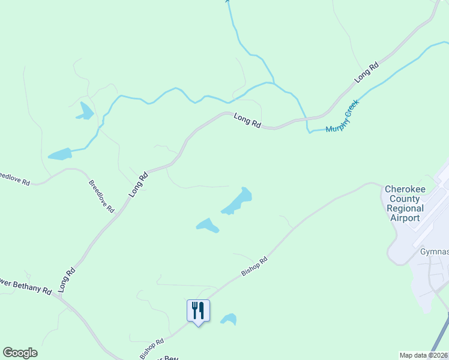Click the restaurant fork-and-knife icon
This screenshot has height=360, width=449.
point(198,311)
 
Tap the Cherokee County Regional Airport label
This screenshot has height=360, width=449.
point(405,203)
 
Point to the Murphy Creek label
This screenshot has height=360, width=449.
point(342,116)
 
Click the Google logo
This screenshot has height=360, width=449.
point(20,353)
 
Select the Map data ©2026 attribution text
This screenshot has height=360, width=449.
point(423,355)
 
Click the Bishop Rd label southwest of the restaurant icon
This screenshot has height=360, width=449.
point(152,349)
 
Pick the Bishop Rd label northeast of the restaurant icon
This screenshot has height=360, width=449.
point(254,267)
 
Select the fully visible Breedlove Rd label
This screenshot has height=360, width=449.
point(101,196)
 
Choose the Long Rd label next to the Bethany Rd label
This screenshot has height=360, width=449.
point(67,280)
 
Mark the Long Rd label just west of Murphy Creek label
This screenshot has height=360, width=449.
point(247,121)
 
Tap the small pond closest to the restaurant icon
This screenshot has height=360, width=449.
point(228,319)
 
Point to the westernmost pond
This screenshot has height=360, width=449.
point(60,154)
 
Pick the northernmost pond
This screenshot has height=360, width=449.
point(86,111)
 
